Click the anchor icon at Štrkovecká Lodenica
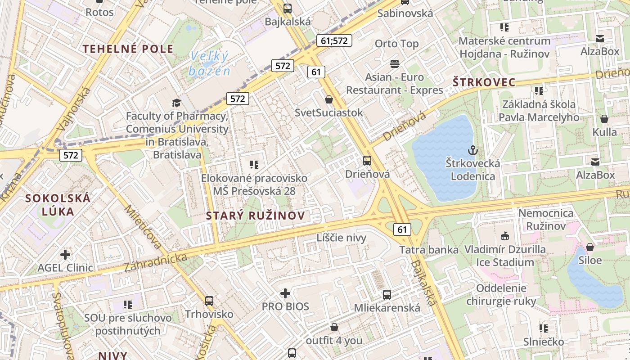click(x=472, y=150)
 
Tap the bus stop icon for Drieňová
click(x=367, y=160)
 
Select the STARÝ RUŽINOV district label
click(x=255, y=216)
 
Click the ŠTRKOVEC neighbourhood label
click(x=484, y=82)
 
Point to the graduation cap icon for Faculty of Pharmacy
click(x=176, y=103)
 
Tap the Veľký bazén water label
click(x=209, y=63)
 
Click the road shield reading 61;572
click(x=334, y=40)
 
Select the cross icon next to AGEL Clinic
click(x=65, y=255)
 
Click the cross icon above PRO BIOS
click(x=285, y=293)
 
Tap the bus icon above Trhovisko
click(x=209, y=301)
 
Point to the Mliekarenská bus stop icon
click(x=387, y=295)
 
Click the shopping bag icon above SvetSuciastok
click(x=329, y=99)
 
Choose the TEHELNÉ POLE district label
click(x=128, y=49)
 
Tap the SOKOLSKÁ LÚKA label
click(x=58, y=204)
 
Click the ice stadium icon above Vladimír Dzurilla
click(x=505, y=236)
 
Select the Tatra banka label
click(x=429, y=250)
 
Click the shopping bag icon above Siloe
click(x=590, y=247)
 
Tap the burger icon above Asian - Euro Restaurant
click(x=395, y=64)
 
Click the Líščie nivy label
click(x=342, y=238)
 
